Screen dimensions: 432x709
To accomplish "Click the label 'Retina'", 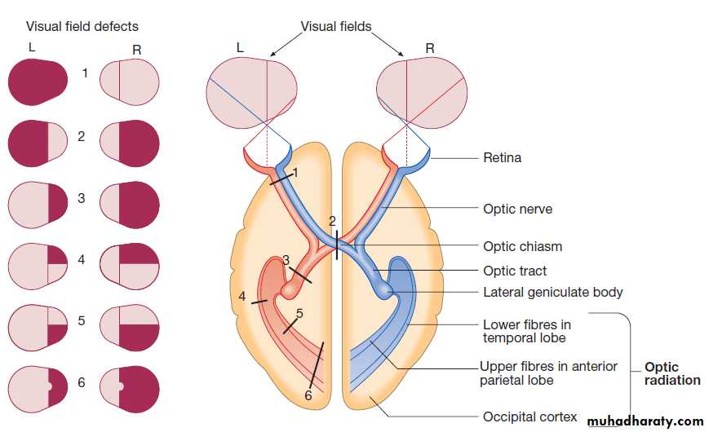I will (502, 157).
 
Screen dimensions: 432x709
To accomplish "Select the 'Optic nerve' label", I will (517, 209).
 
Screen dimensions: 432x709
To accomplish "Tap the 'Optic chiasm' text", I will (522, 246).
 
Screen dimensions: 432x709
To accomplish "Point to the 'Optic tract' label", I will (515, 271).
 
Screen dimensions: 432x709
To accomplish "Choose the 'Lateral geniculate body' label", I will (552, 292).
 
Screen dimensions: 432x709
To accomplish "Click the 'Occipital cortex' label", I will (530, 417).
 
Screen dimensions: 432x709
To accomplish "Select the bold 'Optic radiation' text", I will (672, 373).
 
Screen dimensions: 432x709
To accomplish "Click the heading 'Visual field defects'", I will (82, 26).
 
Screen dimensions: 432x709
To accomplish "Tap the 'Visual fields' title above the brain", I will (336, 26).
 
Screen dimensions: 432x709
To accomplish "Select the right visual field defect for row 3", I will (130, 203).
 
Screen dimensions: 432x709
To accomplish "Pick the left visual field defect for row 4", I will (38, 264).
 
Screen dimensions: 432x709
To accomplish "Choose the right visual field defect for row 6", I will (130, 386).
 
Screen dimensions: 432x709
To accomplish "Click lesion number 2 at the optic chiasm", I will (332, 221).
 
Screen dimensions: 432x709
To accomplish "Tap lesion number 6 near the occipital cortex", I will (308, 395).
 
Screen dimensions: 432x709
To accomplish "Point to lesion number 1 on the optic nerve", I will (295, 173).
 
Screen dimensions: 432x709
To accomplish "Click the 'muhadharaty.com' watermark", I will (645, 421).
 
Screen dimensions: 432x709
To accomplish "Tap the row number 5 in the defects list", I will (82, 320).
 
